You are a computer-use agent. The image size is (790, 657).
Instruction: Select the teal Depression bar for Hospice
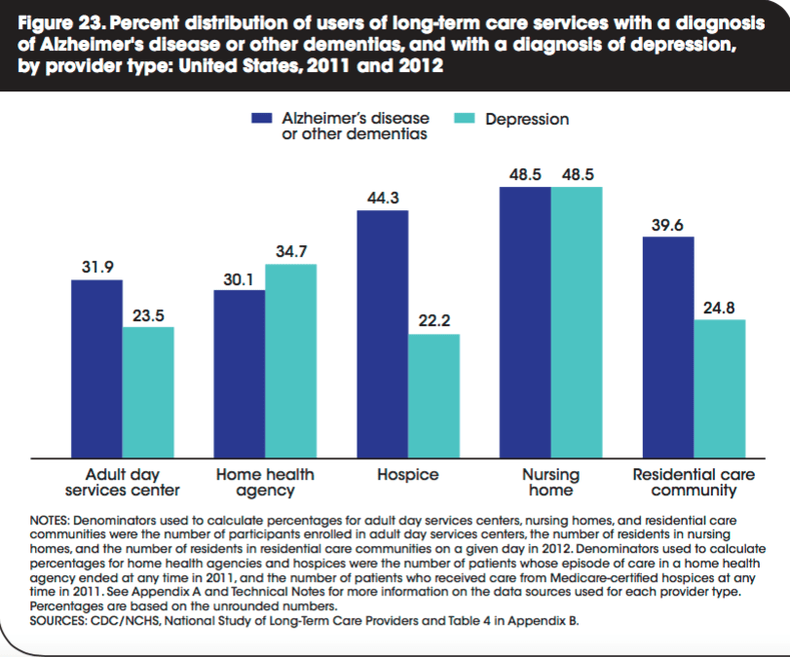433,395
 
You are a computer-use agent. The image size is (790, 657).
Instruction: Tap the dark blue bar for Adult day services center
96,368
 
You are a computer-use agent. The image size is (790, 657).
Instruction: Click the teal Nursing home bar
577,321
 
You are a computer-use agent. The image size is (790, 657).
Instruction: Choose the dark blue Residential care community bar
667,347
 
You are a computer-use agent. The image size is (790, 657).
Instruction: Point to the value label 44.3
382,198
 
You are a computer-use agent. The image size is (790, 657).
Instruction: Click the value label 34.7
290,251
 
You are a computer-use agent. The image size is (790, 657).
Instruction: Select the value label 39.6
667,225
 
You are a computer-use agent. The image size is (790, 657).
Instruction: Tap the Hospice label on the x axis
407,475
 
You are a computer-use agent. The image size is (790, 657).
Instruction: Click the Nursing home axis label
550,483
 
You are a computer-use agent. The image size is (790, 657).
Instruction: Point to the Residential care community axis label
694,483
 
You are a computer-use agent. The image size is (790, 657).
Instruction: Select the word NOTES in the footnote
51,523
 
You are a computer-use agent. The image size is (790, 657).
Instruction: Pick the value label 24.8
719,307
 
